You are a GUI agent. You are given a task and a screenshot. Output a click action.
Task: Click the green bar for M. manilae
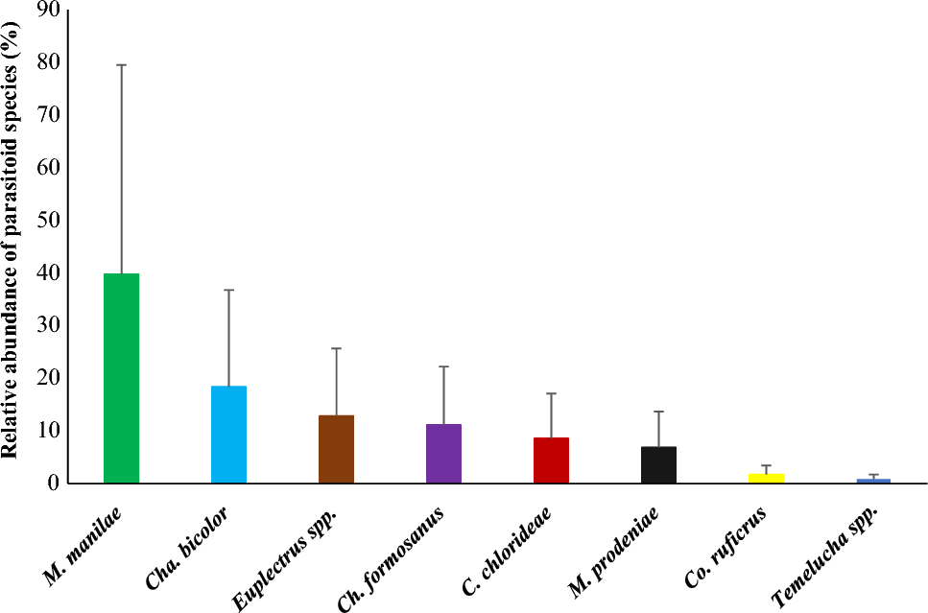122,378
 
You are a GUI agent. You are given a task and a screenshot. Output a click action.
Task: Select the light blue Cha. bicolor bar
228,434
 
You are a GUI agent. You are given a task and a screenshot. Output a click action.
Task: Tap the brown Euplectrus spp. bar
337,448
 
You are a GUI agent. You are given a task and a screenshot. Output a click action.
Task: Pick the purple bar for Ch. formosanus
443,453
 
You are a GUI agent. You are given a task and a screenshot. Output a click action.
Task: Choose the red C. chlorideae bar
551,460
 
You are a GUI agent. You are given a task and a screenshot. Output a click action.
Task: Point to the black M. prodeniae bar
658,464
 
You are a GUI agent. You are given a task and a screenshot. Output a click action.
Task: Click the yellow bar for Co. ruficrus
766,477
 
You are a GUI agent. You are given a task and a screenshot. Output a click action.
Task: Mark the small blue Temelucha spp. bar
873,480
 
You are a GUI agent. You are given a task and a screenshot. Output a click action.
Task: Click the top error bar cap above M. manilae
122,64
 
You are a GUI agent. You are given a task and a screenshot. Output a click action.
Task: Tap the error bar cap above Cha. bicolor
228,290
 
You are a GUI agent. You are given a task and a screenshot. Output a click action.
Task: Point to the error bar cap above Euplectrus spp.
337,348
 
